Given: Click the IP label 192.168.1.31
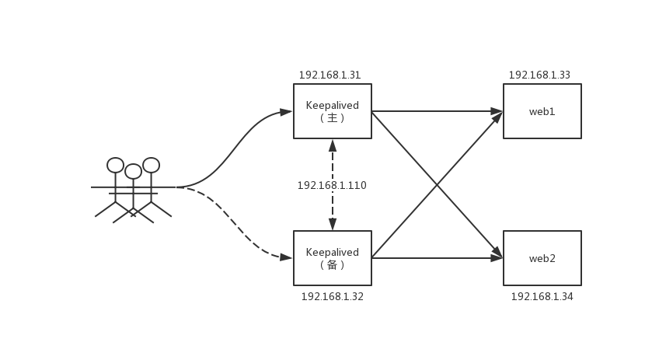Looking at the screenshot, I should tap(329, 75).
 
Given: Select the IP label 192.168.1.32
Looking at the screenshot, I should tap(332, 297).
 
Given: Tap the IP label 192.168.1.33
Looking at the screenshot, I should tap(539, 75).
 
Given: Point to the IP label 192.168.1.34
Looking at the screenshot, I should tap(542, 297).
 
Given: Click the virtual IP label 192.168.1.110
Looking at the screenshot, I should tap(332, 186).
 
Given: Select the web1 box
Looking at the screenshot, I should tap(542, 111).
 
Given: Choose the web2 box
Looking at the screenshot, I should tap(542, 258).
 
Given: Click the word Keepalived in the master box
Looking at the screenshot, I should tap(333, 105).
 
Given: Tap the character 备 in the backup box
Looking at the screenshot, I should tap(333, 265).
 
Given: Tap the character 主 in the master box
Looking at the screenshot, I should tap(333, 118).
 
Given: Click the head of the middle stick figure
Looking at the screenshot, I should tap(134, 171).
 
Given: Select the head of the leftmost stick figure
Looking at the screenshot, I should tap(116, 165).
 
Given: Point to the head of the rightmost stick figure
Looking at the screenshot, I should tap(152, 165).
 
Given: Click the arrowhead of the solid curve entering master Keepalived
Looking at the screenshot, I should tap(286, 112).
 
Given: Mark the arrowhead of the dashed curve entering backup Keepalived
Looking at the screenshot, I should tap(286, 257).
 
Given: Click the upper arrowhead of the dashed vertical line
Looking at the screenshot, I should tap(333, 145).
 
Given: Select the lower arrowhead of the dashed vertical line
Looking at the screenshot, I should tap(333, 224).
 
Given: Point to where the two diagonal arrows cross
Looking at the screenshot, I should tap(437, 185).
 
